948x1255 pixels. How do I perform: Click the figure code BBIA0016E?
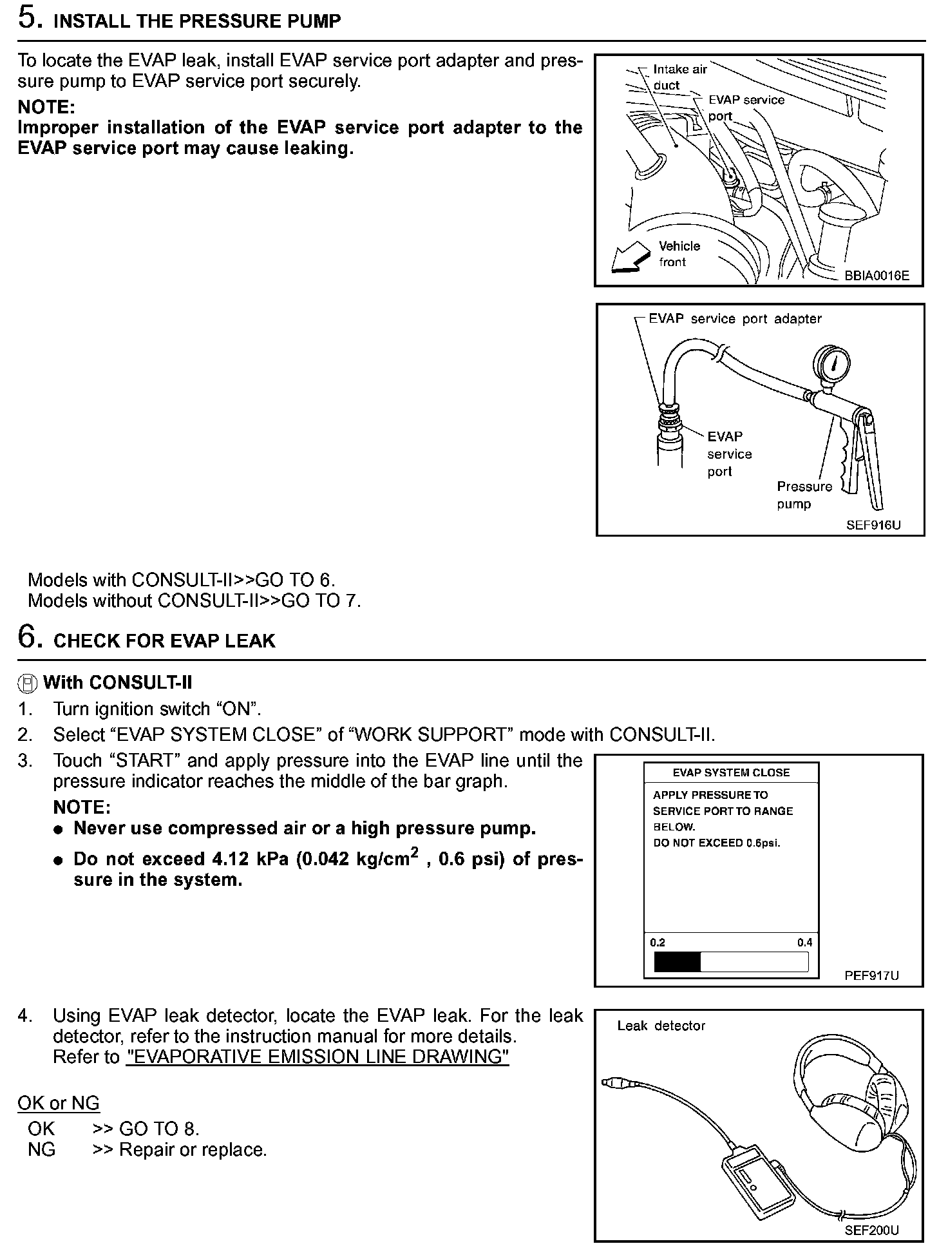pos(877,276)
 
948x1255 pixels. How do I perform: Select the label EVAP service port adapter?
pos(735,319)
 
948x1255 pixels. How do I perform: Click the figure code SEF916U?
pos(873,525)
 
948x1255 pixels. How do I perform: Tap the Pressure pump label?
pos(804,495)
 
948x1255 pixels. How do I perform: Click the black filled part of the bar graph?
pos(677,962)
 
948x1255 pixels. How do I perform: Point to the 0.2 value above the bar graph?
pos(658,943)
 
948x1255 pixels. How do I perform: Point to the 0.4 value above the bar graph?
pos(804,943)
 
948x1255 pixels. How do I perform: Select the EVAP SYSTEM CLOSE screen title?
pos(731,772)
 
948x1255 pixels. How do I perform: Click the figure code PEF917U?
pos(871,975)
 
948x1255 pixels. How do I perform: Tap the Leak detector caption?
pos(661,1026)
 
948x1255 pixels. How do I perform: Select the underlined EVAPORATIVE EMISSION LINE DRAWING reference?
pos(318,1057)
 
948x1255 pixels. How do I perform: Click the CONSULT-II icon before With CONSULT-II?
pos(28,683)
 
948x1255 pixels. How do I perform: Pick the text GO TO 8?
pos(159,1128)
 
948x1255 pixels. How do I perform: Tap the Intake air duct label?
pos(679,77)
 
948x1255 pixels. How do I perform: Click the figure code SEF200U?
pos(871,1231)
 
